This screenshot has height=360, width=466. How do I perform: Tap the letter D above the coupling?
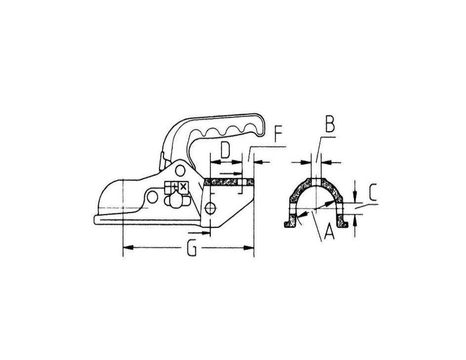click(226, 150)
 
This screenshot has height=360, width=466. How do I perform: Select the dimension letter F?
click(278, 135)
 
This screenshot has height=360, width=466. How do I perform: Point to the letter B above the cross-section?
click(330, 124)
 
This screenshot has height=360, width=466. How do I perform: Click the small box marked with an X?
click(183, 187)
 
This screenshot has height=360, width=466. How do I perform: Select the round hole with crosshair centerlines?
click(210, 208)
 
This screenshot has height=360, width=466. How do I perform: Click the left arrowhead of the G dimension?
click(128, 248)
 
